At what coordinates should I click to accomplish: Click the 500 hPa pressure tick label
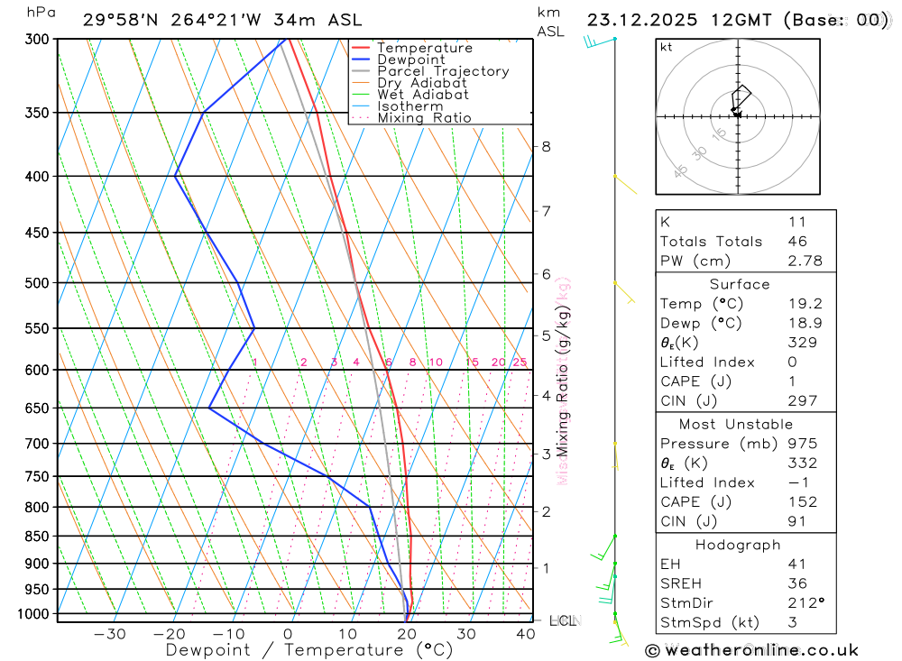36,283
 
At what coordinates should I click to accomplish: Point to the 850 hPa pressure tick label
36,537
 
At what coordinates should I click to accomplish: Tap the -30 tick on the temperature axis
110,634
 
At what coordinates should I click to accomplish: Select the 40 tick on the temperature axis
525,634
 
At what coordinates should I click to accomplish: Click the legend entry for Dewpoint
411,60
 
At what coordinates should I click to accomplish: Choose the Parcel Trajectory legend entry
443,71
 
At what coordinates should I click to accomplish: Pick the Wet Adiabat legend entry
422,95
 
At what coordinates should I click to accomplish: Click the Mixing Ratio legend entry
424,118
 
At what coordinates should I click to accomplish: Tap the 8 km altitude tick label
546,147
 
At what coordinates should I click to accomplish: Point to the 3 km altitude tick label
546,454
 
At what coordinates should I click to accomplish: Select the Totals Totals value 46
796,242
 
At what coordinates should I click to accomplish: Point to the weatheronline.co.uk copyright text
752,650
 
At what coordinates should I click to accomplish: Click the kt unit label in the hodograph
667,47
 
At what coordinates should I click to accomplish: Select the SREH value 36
796,583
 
